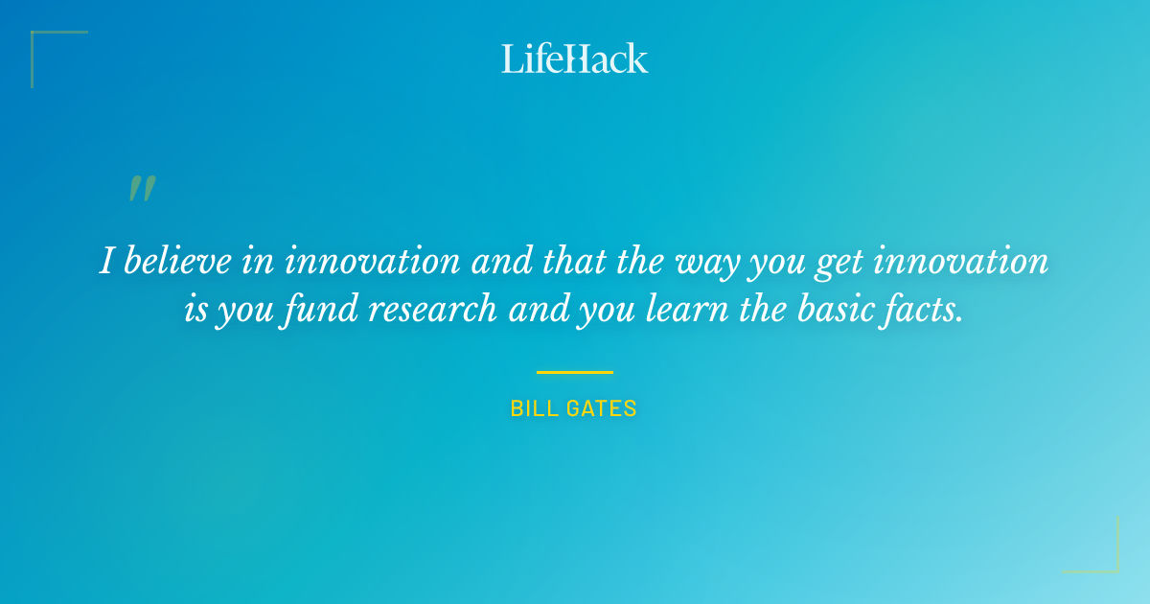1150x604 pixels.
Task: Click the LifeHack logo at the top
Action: (575, 58)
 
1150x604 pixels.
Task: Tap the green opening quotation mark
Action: (142, 189)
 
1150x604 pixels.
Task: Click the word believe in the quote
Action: (178, 261)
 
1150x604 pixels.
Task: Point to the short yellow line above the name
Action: (574, 372)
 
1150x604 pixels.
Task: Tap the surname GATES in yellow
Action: (601, 408)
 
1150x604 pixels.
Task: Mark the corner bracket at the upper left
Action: (43, 43)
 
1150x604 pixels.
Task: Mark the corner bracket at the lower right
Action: (1107, 561)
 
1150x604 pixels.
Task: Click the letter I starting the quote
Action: (105, 261)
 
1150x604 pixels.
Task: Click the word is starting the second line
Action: (194, 310)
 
